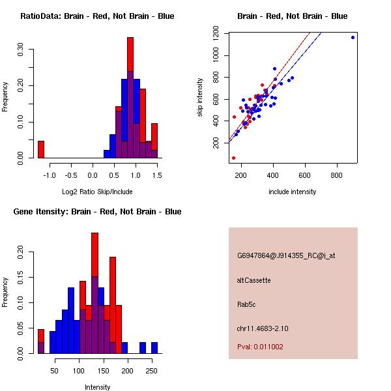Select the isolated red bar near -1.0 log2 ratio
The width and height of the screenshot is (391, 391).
click(x=41, y=149)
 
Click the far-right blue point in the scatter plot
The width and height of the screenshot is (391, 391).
click(x=353, y=37)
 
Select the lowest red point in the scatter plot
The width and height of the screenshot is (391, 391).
click(x=233, y=158)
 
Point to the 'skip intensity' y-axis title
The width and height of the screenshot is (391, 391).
click(x=201, y=97)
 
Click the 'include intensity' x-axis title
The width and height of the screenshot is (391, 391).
click(x=292, y=192)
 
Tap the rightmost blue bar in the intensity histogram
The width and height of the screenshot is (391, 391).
click(x=154, y=347)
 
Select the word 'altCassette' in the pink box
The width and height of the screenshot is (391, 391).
click(x=253, y=280)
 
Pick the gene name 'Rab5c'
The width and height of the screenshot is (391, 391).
click(x=247, y=304)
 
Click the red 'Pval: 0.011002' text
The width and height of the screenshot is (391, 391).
click(x=260, y=347)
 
